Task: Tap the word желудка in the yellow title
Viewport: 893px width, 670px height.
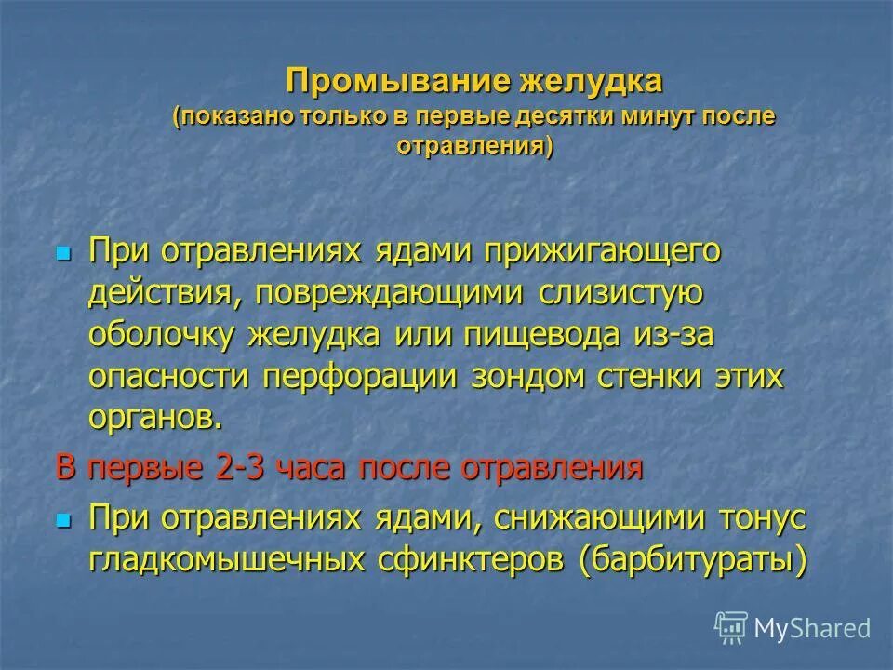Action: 591,81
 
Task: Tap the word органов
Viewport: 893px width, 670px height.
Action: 156,418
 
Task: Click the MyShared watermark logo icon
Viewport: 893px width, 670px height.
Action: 730,627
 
